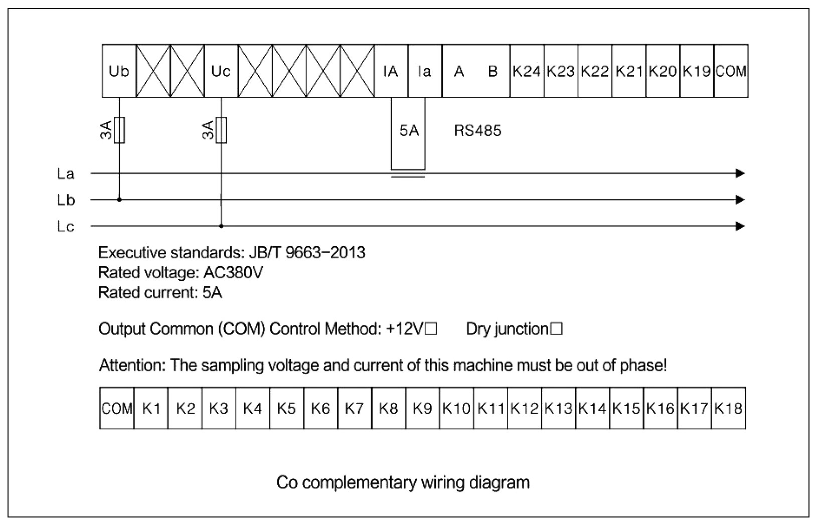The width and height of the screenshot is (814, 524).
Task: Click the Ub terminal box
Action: tap(119, 71)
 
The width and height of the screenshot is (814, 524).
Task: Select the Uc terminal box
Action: tap(221, 71)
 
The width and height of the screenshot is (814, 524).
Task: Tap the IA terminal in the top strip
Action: tap(391, 71)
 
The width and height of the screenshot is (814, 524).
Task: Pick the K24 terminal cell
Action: tap(527, 71)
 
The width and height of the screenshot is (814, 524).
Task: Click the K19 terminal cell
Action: tap(697, 71)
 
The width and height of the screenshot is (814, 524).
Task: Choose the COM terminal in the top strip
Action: tap(731, 71)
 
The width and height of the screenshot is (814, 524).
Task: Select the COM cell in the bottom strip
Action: tap(117, 409)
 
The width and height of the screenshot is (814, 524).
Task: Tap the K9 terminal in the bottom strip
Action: tap(422, 409)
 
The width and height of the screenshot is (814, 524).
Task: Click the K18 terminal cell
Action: tap(728, 409)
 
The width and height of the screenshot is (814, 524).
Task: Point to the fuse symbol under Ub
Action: tap(119, 130)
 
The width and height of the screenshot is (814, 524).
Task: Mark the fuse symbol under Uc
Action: tap(221, 130)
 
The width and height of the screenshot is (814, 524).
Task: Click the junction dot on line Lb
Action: tap(119, 200)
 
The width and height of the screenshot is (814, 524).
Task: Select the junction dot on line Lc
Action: tap(221, 226)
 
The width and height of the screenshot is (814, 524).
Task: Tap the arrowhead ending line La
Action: tap(740, 173)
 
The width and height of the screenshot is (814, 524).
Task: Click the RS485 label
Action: tap(477, 131)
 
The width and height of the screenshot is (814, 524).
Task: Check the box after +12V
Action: tap(431, 329)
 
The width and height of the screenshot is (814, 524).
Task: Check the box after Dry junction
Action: tap(556, 329)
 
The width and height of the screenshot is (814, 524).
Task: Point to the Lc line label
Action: tap(66, 227)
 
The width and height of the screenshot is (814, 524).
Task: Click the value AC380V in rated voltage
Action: tap(233, 273)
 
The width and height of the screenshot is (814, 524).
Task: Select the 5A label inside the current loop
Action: tap(409, 131)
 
